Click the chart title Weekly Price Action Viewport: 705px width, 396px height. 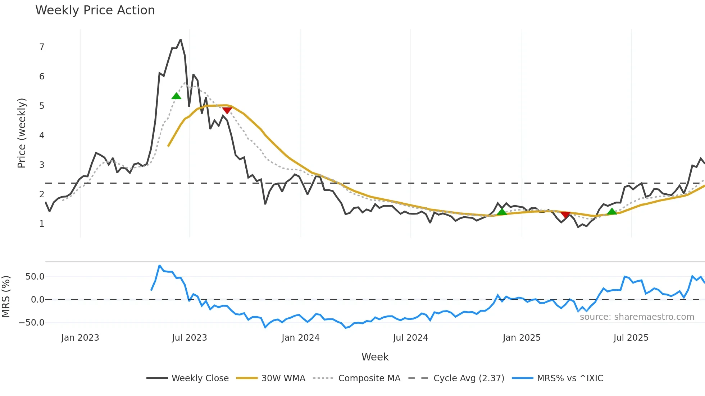tap(95, 10)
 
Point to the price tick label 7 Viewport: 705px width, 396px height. tap(42, 47)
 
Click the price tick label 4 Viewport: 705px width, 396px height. tap(42, 135)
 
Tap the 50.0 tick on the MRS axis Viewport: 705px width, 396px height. tap(35, 277)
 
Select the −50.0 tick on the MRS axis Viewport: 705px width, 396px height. tap(32, 323)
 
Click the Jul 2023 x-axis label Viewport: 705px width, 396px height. tap(189, 338)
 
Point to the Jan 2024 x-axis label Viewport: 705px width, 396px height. tap(300, 338)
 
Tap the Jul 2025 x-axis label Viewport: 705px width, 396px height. tap(631, 338)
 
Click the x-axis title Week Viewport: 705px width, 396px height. tap(375, 357)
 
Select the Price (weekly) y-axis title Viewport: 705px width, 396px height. tap(22, 133)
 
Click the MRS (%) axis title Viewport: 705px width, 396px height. tap(6, 296)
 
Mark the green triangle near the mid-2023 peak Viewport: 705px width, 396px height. tap(176, 96)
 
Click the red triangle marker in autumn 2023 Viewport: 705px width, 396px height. tap(227, 110)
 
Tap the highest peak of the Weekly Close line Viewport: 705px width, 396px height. tap(181, 40)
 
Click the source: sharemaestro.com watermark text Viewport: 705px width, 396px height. tap(637, 317)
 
